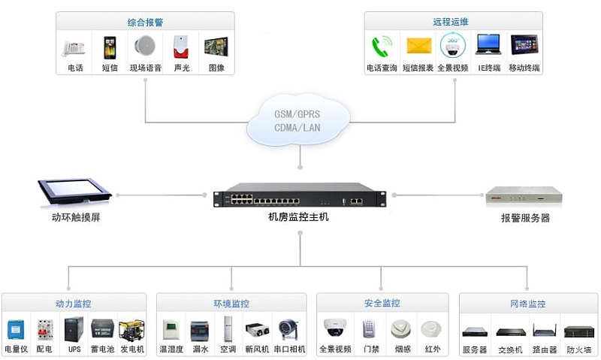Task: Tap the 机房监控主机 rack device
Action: [x=299, y=198]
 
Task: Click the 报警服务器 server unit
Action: [x=524, y=197]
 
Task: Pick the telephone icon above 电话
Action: [x=74, y=47]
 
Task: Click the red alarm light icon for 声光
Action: [x=180, y=47]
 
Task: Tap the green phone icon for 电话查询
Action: [x=380, y=47]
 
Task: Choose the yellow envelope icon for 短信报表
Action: [x=418, y=46]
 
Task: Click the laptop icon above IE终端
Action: [x=488, y=45]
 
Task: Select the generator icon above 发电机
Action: [x=131, y=328]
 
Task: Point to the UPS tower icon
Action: [x=74, y=328]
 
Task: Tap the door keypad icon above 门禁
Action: [x=368, y=329]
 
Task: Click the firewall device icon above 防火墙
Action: [x=578, y=331]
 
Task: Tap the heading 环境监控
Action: [x=231, y=304]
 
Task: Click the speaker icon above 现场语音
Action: [x=145, y=47]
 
